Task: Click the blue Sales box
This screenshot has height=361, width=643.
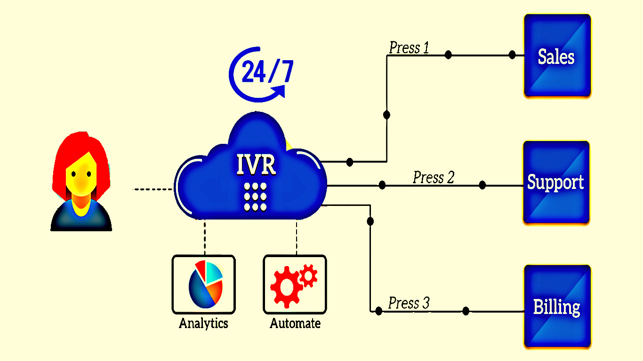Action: click(557, 56)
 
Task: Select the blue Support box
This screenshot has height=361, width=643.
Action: click(556, 182)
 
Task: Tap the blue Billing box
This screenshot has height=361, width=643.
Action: click(557, 307)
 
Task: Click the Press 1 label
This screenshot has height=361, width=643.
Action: click(409, 48)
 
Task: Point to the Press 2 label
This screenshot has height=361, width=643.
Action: click(434, 178)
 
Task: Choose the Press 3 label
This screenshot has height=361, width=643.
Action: click(409, 303)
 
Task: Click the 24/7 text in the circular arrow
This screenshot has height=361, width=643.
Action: click(267, 71)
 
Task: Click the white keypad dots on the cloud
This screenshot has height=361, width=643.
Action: click(255, 197)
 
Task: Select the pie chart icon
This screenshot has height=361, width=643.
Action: click(206, 283)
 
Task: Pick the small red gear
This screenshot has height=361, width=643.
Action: click(308, 275)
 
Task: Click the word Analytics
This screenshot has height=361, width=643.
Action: click(203, 323)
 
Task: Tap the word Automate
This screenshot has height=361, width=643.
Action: click(295, 323)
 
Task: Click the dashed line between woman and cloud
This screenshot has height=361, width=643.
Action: click(153, 189)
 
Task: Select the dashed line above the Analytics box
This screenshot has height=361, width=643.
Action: click(204, 237)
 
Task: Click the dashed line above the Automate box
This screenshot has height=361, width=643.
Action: click(296, 237)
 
